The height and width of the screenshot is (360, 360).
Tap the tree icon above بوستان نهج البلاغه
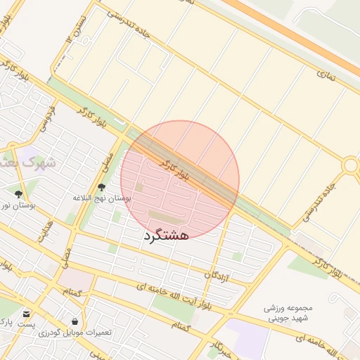[102, 188]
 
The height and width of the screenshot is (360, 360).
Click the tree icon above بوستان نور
[18, 195]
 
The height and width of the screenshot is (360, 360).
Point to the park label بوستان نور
[18, 205]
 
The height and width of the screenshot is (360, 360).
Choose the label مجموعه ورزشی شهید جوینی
[288, 313]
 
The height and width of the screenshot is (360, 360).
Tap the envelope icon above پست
[26, 314]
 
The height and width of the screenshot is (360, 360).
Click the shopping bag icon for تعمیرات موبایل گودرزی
[75, 321]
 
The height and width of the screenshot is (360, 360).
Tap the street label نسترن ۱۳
[78, 29]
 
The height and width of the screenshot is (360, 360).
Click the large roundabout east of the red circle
[349, 165]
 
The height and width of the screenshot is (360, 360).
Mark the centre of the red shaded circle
[180, 180]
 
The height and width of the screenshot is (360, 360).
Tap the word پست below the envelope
[26, 324]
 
